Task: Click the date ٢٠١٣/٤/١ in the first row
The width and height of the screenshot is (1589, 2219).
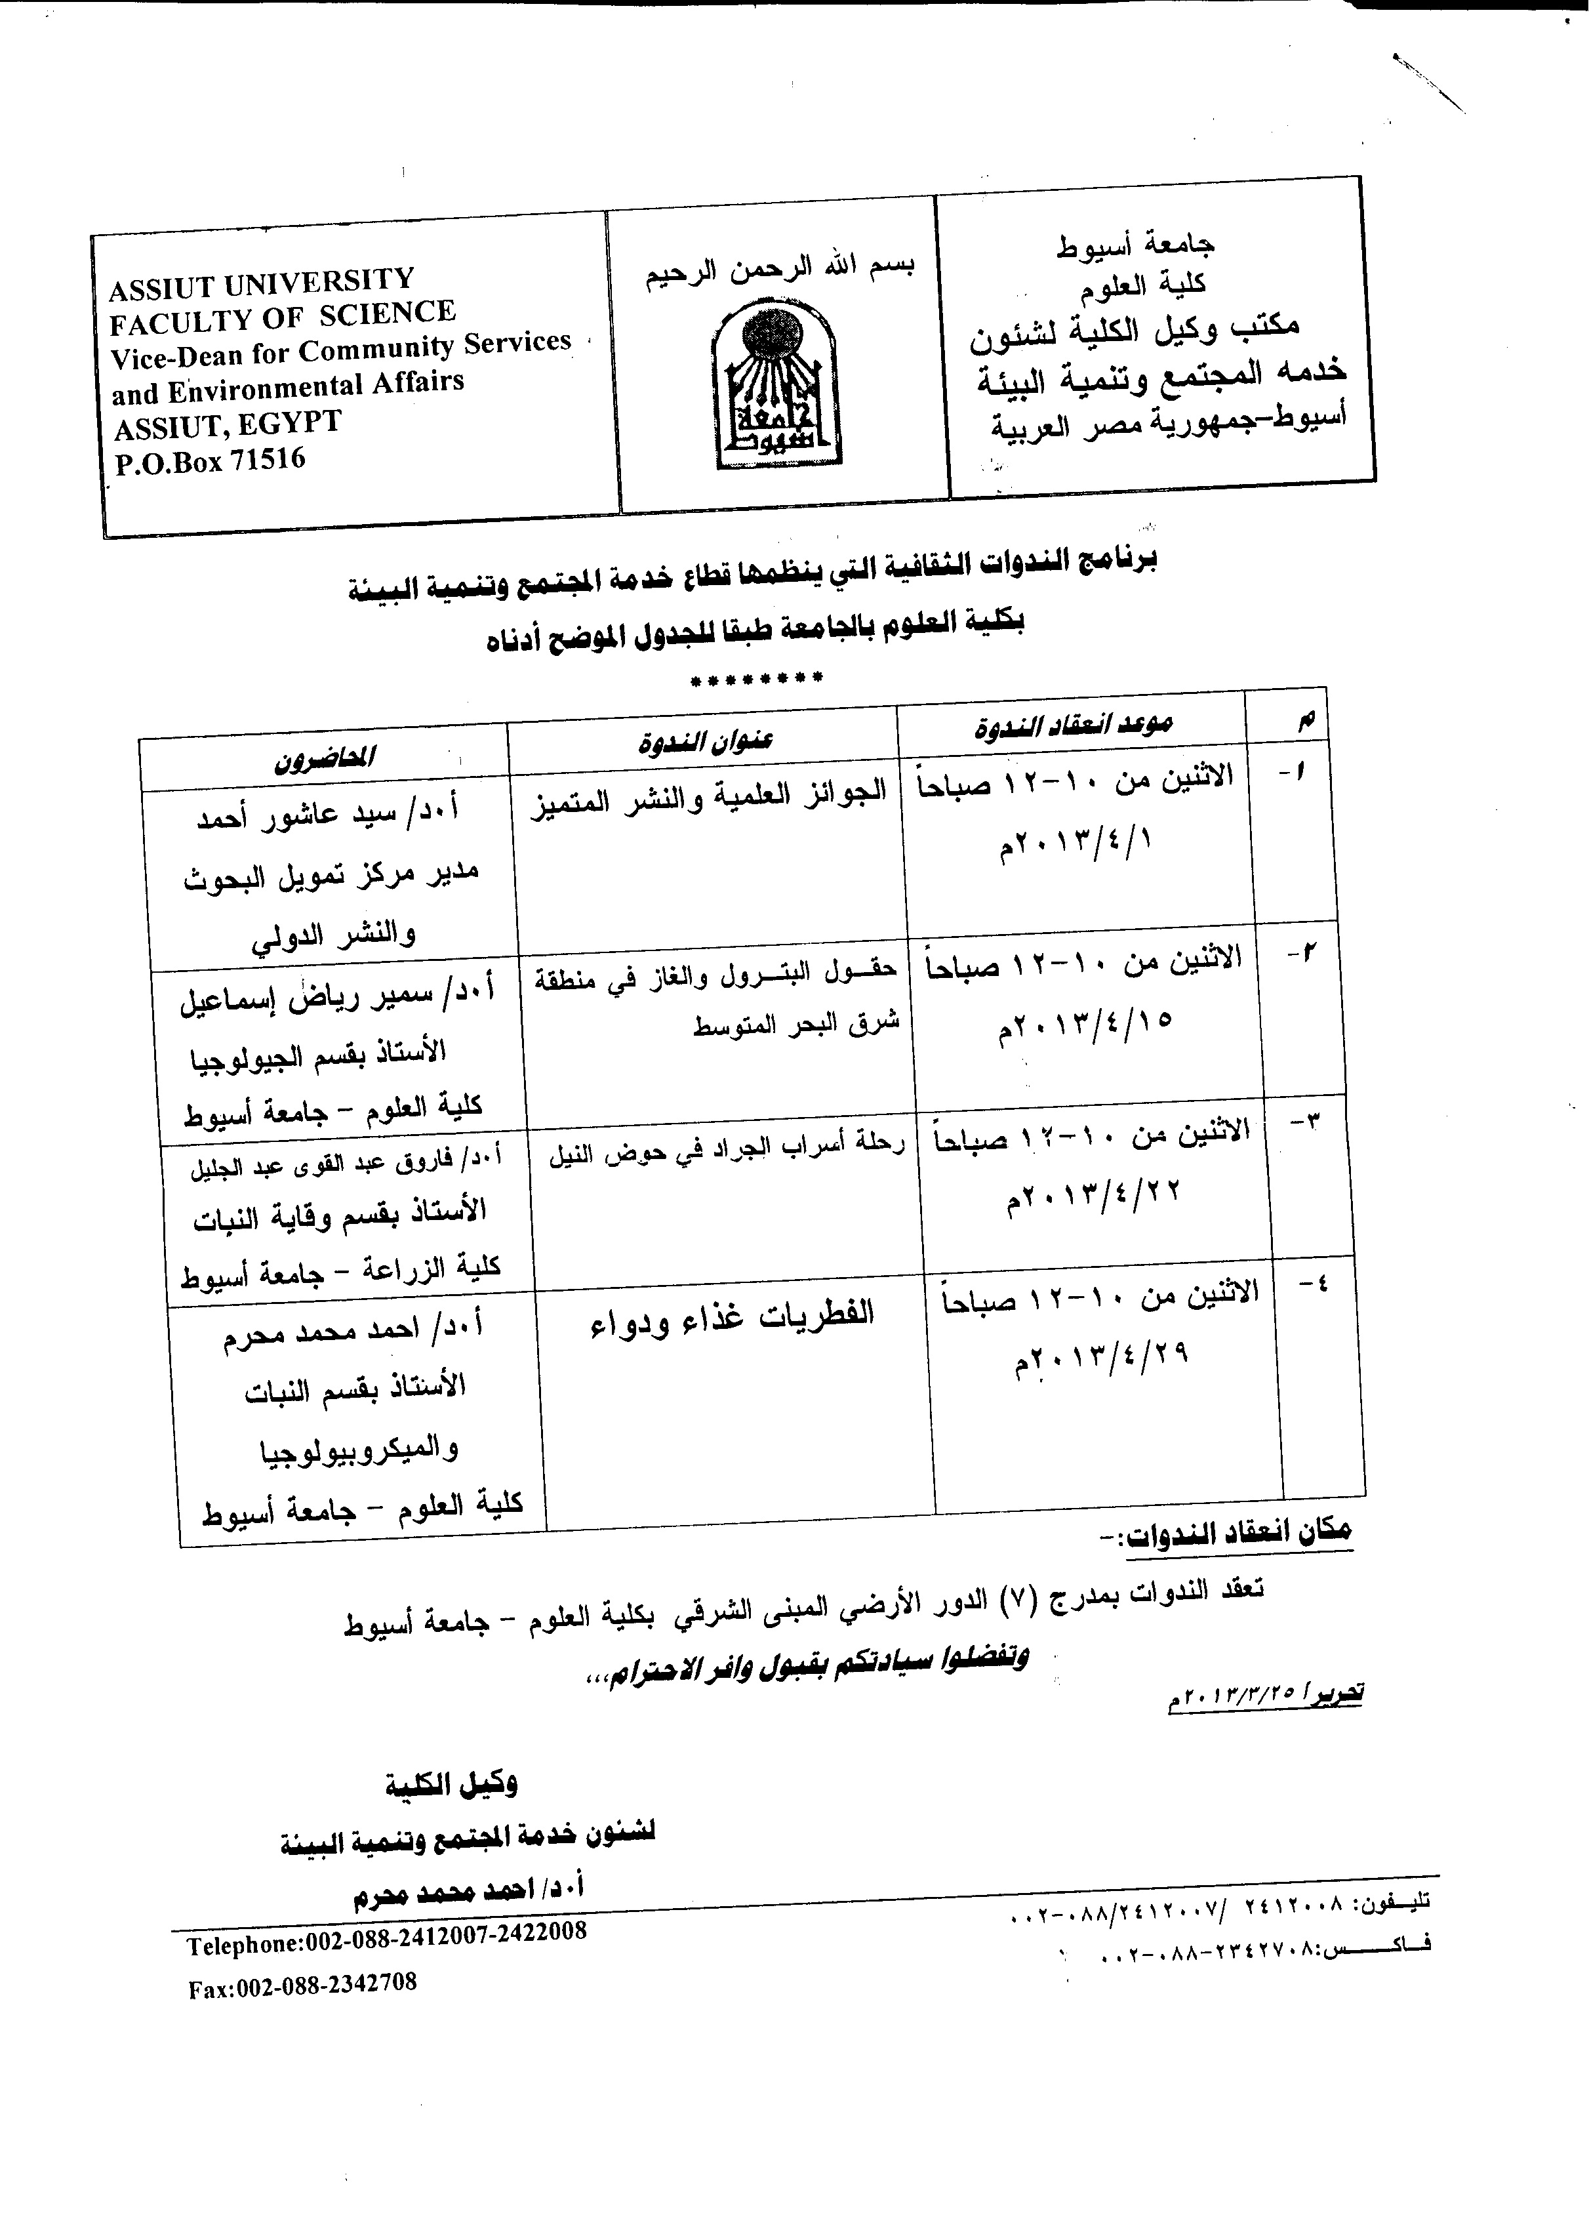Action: (1074, 842)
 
